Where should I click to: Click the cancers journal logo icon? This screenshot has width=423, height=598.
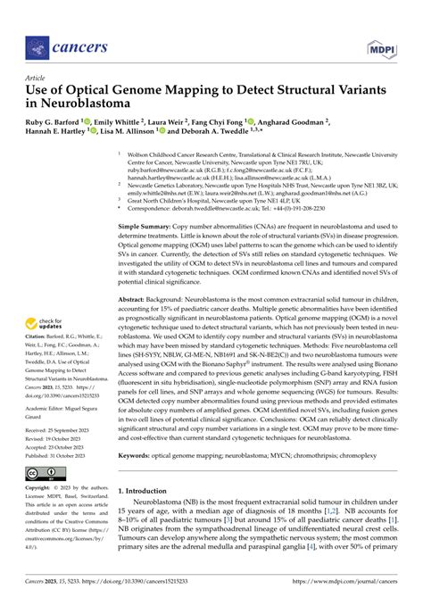pos(37,46)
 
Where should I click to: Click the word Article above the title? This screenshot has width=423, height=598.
pos(37,79)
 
